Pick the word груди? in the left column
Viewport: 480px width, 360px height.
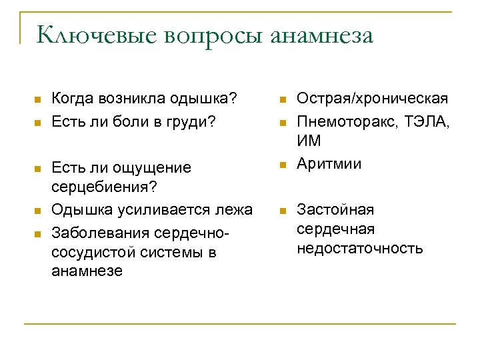pyautogui.click(x=194, y=121)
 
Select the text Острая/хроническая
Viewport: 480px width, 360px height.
pyautogui.click(x=372, y=99)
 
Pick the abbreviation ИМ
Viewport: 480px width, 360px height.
pyautogui.click(x=309, y=141)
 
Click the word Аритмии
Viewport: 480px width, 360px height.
pyautogui.click(x=329, y=163)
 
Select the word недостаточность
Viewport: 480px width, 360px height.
pyautogui.click(x=359, y=249)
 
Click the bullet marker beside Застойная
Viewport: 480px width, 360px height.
pyautogui.click(x=283, y=211)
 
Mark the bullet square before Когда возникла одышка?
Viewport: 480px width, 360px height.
pyautogui.click(x=37, y=101)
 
